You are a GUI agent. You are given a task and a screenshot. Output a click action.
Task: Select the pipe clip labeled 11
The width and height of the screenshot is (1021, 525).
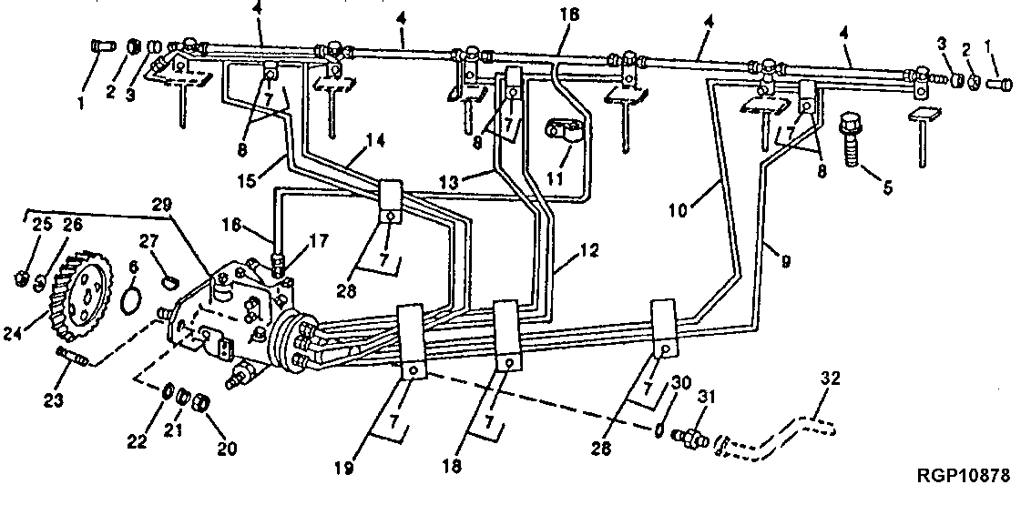pyautogui.click(x=563, y=132)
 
